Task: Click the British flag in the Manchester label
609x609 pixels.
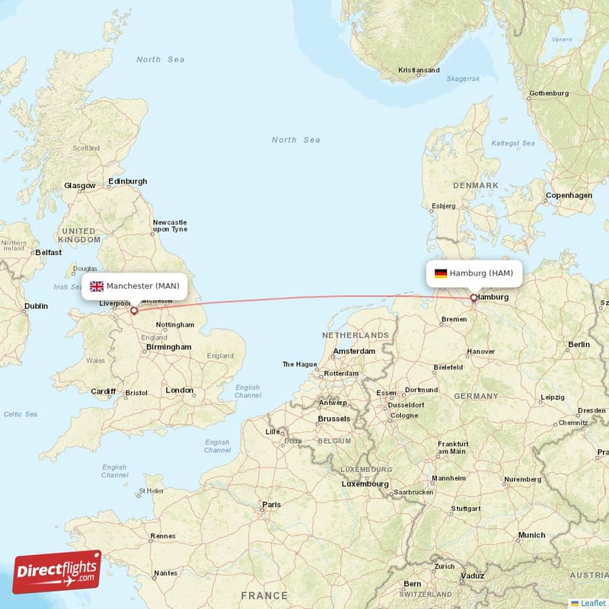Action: [97, 286]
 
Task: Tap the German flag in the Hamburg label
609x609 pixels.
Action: [441, 273]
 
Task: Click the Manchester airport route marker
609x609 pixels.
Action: [134, 310]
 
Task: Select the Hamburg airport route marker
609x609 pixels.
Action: [473, 298]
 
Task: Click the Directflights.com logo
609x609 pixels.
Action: [57, 572]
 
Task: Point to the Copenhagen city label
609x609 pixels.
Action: [569, 196]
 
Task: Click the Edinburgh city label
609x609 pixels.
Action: [127, 181]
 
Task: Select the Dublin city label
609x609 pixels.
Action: [35, 306]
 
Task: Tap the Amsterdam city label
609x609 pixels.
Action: [354, 351]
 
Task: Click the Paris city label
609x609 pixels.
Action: [271, 505]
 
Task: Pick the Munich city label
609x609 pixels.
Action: [531, 535]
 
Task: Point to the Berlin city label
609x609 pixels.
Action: [579, 345]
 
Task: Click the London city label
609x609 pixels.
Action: [180, 390]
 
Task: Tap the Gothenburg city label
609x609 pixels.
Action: [549, 93]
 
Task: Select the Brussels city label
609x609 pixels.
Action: [333, 419]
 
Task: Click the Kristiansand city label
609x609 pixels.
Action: [419, 70]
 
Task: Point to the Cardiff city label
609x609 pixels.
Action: [103, 391]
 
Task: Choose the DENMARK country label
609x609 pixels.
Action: [477, 185]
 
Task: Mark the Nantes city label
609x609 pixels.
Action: [165, 573]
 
